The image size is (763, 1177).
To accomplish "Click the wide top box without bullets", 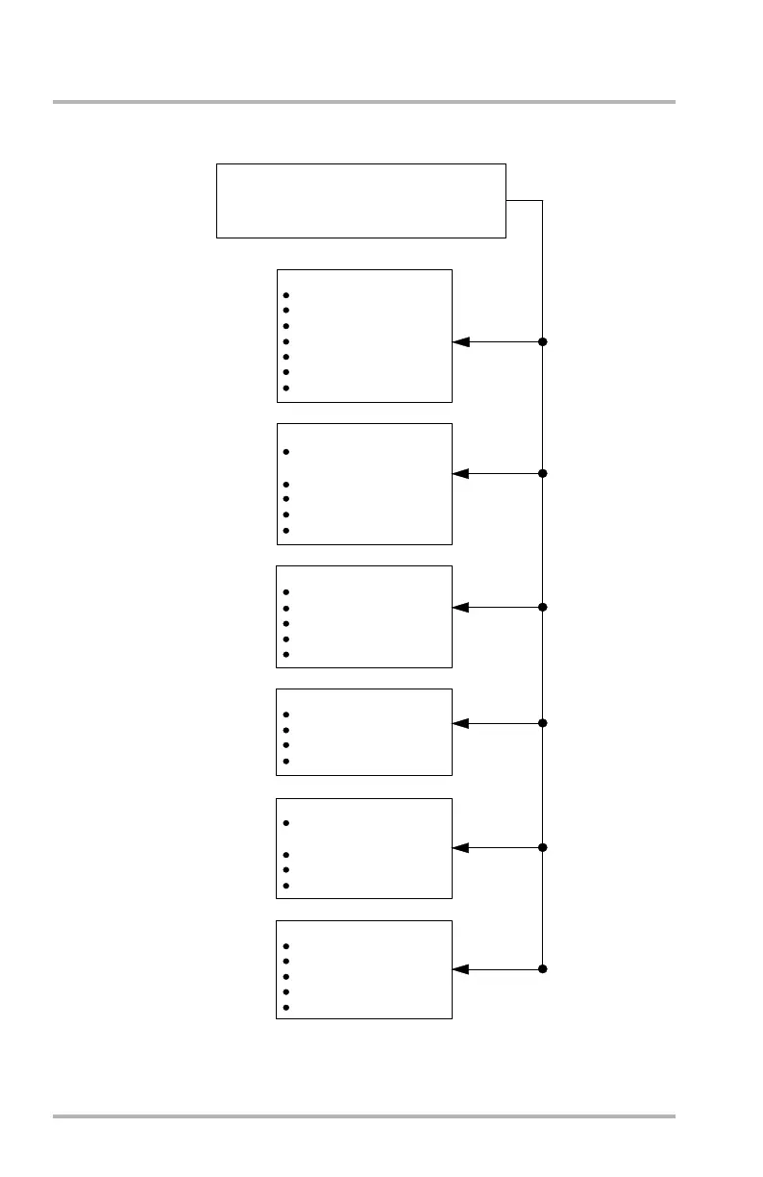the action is [360, 200].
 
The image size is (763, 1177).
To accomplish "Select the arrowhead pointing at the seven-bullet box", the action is [460, 341].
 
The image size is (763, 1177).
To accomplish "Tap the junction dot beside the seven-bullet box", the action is [543, 341].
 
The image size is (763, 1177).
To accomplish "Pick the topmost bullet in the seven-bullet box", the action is [286, 295].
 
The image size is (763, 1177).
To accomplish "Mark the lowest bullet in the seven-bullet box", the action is [286, 388].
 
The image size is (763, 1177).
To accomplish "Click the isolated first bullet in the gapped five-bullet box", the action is [286, 452].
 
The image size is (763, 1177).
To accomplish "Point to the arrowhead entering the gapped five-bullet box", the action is [460, 473].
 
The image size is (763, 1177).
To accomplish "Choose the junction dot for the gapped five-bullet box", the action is [543, 473].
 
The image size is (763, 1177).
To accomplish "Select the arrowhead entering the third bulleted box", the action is [460, 607].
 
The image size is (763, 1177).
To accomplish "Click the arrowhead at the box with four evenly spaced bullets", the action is [460, 723].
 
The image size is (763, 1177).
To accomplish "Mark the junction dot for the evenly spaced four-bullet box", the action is [543, 723].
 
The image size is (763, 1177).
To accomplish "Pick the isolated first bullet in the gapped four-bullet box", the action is [286, 823].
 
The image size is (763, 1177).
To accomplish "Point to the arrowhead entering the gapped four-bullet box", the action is [460, 847].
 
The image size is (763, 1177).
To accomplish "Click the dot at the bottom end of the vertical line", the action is [543, 968].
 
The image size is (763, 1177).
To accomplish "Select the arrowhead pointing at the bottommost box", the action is [460, 968].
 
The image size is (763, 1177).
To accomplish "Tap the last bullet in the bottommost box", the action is [286, 1008].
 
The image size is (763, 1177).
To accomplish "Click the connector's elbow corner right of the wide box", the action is [543, 201].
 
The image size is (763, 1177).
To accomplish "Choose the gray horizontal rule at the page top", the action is [364, 102].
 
